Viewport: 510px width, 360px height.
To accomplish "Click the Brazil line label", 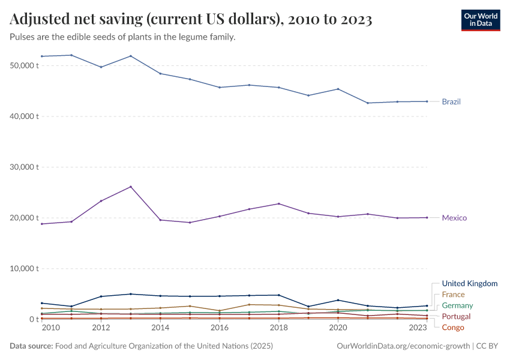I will [451, 101].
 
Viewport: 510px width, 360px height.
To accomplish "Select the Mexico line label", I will [454, 218].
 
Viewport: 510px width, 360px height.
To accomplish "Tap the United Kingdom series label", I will [469, 283].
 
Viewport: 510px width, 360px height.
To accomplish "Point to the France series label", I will [453, 295].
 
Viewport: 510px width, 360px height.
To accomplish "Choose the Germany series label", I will [457, 305].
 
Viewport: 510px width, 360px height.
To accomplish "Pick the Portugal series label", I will [456, 316].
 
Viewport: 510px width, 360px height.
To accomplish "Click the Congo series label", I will [453, 327].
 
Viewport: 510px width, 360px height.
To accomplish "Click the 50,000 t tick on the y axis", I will [25, 65].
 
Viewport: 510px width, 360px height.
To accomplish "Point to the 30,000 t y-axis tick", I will [25, 167].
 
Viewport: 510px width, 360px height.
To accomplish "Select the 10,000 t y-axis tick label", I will [25, 268].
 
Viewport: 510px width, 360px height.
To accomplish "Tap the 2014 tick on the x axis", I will [160, 328].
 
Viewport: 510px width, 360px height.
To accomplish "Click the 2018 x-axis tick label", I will [278, 328].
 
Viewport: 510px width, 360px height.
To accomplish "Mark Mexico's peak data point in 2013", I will [131, 187].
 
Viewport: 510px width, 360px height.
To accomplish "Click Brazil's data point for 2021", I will [367, 103].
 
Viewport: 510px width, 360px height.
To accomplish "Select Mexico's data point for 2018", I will [278, 204].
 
